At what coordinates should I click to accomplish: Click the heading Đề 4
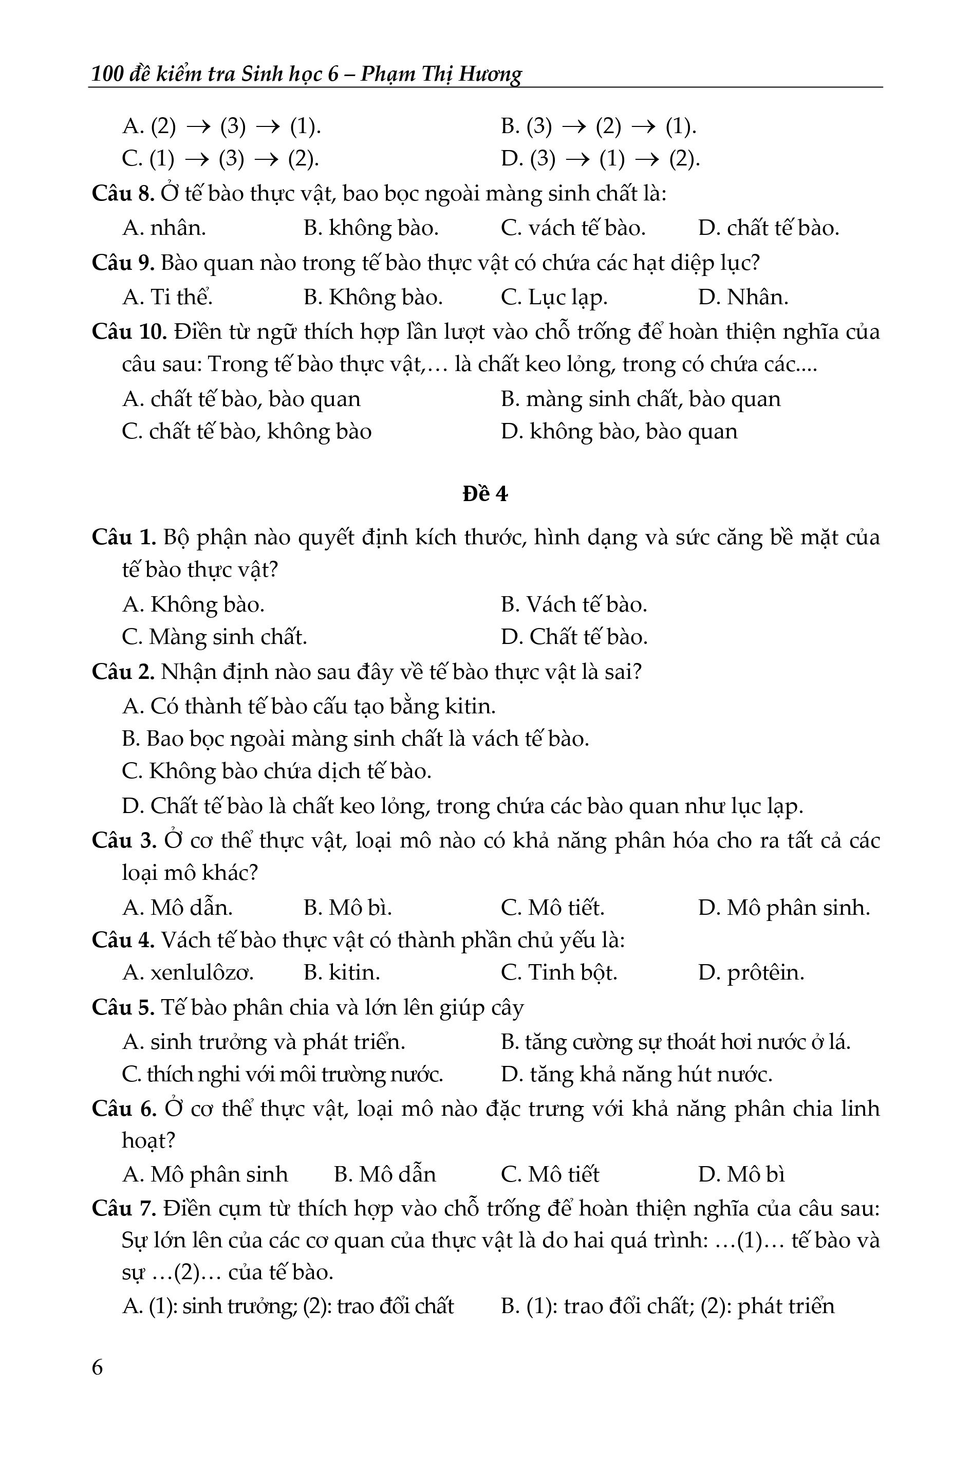pyautogui.click(x=485, y=494)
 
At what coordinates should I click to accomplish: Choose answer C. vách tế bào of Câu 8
pyautogui.click(x=573, y=228)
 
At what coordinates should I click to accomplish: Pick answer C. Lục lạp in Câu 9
pyautogui.click(x=554, y=298)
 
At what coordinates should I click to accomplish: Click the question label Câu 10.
pyautogui.click(x=129, y=331)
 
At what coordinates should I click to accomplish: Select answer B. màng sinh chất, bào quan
pyautogui.click(x=640, y=399)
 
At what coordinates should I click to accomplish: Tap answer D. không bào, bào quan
pyautogui.click(x=619, y=431)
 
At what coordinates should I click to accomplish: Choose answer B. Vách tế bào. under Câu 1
pyautogui.click(x=573, y=604)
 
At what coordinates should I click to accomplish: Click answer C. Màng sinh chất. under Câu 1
pyautogui.click(x=214, y=637)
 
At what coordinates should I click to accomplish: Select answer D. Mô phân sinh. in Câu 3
pyautogui.click(x=783, y=908)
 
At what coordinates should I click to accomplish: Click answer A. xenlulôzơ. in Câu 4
pyautogui.click(x=188, y=972)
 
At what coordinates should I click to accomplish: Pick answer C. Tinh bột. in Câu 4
pyautogui.click(x=558, y=972)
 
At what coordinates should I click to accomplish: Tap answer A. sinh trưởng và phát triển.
pyautogui.click(x=264, y=1041)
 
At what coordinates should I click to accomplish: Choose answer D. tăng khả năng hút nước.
pyautogui.click(x=637, y=1074)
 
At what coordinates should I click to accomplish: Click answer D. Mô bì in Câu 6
pyautogui.click(x=741, y=1174)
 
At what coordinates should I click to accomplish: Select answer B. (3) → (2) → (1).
pyautogui.click(x=598, y=126)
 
